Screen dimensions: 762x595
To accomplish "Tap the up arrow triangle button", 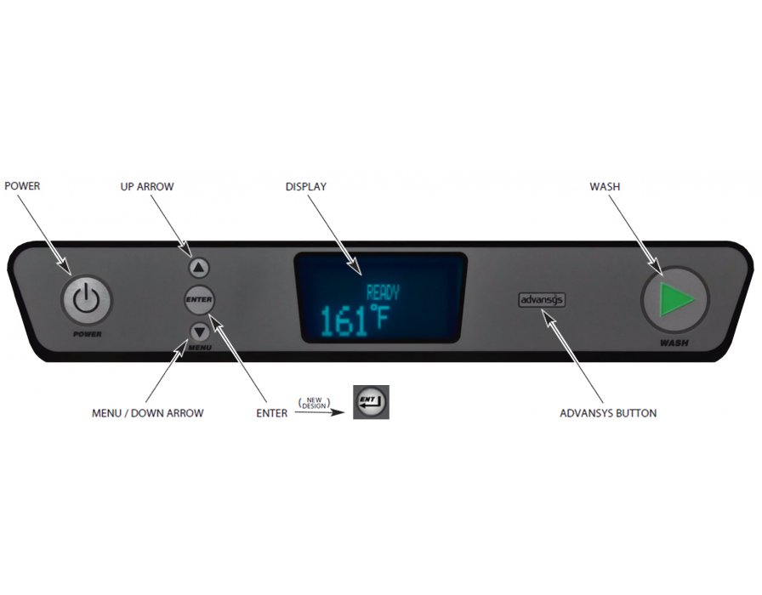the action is point(198,268).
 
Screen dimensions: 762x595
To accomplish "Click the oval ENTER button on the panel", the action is point(199,300).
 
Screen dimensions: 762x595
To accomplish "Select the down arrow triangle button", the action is point(200,333).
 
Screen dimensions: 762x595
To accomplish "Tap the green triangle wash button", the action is point(675,299).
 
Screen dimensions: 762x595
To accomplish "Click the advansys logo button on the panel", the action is point(542,300).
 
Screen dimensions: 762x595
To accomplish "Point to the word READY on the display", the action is point(383,293).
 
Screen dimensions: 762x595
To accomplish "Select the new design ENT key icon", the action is point(371,402).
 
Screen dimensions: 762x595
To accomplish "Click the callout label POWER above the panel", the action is point(22,186).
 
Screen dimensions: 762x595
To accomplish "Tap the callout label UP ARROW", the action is point(147,186).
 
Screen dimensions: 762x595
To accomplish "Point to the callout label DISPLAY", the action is point(305,186).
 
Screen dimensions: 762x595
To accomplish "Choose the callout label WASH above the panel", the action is point(605,186).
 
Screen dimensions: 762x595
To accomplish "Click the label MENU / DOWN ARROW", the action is point(148,413).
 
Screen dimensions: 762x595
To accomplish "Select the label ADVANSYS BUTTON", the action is point(608,413).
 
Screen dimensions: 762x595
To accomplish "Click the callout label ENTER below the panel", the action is point(271,413).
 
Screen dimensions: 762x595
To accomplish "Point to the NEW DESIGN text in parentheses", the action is point(315,403).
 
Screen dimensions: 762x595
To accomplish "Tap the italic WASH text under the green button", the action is point(674,343).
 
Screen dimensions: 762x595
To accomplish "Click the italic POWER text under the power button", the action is point(88,334).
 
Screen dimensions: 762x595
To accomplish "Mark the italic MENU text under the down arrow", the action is point(200,348).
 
